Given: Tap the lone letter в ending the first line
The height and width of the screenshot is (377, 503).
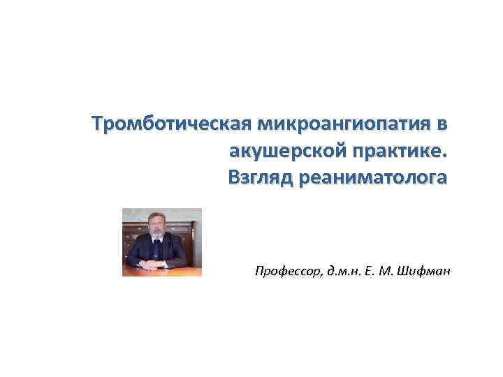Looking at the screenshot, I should [x=439, y=125].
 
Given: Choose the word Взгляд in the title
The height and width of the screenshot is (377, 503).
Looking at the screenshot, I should [x=260, y=178].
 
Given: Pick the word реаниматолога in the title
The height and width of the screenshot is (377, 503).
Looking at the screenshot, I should [x=372, y=178].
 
